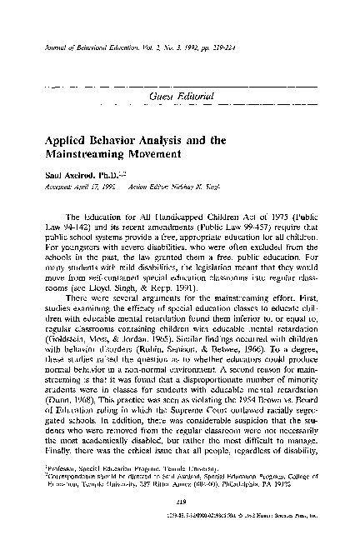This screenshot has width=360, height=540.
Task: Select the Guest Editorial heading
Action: (x=180, y=98)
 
